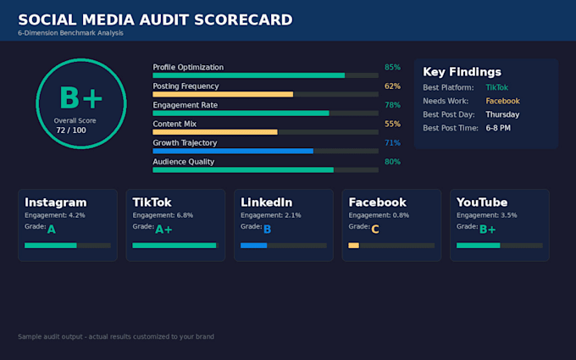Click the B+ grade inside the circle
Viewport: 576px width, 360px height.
tap(80, 97)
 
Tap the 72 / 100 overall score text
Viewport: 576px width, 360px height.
tap(71, 130)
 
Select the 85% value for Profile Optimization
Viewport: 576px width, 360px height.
tap(392, 67)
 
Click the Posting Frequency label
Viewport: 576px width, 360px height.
tap(186, 86)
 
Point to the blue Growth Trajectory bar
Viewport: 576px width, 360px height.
tap(233, 151)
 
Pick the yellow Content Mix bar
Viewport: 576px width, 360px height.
tap(215, 132)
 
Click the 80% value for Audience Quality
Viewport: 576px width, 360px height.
tap(392, 162)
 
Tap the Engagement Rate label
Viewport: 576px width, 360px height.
tap(186, 105)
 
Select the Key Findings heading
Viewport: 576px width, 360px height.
tap(462, 72)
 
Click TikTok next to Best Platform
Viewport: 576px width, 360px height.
tap(496, 87)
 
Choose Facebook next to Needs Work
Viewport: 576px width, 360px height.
tap(502, 101)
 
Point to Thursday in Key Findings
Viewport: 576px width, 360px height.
tap(502, 114)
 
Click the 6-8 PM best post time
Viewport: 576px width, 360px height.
tap(498, 128)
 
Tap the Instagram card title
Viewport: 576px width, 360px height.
tap(55, 202)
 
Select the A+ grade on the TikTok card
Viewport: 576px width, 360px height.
tap(163, 230)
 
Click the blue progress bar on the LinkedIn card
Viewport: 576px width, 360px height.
tap(253, 246)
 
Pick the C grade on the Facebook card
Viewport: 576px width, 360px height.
tap(374, 230)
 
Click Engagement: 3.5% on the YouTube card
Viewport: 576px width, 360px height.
tap(486, 215)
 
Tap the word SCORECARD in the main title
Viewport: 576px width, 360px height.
tap(243, 19)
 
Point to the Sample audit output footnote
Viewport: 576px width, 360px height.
tap(116, 336)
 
